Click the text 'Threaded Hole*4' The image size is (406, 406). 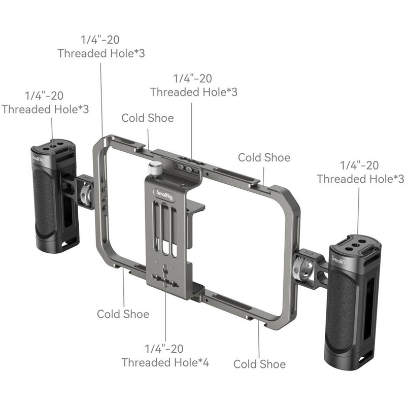(x=165, y=362)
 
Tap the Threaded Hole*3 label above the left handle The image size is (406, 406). (x=46, y=109)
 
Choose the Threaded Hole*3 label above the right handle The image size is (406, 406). (x=360, y=179)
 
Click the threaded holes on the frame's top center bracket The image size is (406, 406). (x=188, y=167)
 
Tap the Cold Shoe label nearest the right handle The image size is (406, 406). (x=264, y=157)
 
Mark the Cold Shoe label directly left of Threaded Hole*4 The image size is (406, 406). (x=123, y=314)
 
